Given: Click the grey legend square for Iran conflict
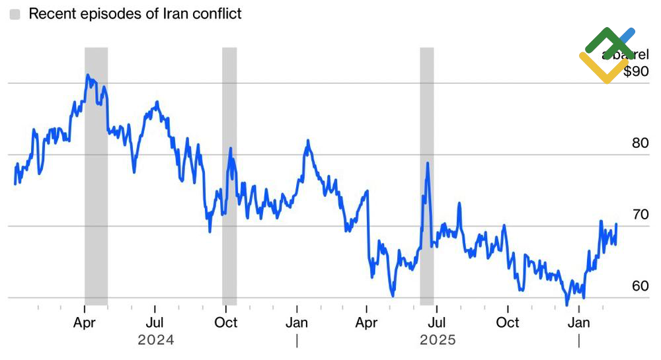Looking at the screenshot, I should point(15,14).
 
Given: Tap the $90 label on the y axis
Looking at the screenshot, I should point(636,71).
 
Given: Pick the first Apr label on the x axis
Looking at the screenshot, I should point(85,322).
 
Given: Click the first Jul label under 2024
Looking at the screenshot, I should point(155,322).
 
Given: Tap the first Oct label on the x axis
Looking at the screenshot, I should point(226,322).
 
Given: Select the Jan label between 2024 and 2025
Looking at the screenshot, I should point(297,322).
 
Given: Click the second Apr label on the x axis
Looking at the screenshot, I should point(366,322).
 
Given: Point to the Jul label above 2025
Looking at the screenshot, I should point(436,322).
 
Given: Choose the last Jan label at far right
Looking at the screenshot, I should point(580,322).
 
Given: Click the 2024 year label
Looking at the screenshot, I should point(156,340).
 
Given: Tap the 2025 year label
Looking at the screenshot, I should point(438,340).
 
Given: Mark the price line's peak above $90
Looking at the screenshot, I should point(87,75).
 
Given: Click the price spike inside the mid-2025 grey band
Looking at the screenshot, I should point(428,163).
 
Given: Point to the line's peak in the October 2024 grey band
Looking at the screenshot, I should point(231,149).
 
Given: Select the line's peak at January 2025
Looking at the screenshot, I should point(307,141).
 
